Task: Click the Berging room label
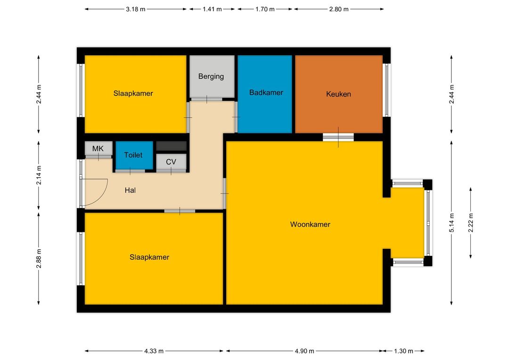click(211, 77)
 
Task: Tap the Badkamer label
click(266, 92)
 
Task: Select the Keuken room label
click(338, 94)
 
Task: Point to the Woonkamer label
click(310, 224)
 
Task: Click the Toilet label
click(133, 155)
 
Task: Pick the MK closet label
click(98, 149)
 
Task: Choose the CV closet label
click(171, 162)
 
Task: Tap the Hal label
click(130, 190)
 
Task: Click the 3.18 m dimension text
click(136, 9)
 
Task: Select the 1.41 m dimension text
click(212, 9)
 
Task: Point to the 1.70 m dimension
click(265, 9)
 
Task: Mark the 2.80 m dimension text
click(339, 9)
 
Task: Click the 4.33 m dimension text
click(154, 351)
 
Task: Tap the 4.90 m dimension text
click(304, 351)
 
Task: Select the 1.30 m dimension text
click(403, 351)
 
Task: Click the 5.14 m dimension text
click(452, 223)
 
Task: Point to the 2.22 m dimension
click(471, 223)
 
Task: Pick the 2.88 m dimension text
click(39, 259)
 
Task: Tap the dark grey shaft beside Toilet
click(172, 146)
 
